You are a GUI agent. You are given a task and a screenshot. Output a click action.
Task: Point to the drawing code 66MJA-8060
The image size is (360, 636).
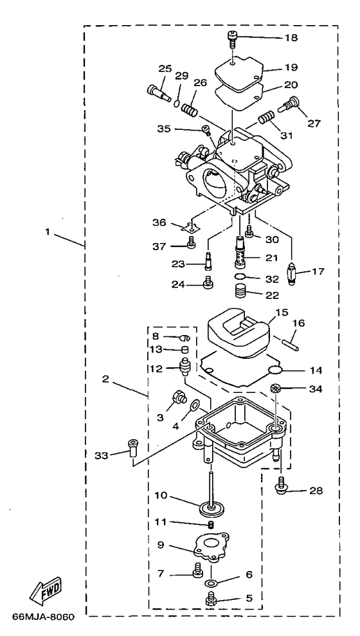tap(43, 617)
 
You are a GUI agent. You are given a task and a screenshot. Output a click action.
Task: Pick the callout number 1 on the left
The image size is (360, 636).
tap(48, 233)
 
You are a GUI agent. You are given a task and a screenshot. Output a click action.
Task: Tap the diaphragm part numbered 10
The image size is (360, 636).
tap(210, 507)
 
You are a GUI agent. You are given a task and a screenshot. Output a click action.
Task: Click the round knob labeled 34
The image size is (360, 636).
tap(276, 388)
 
